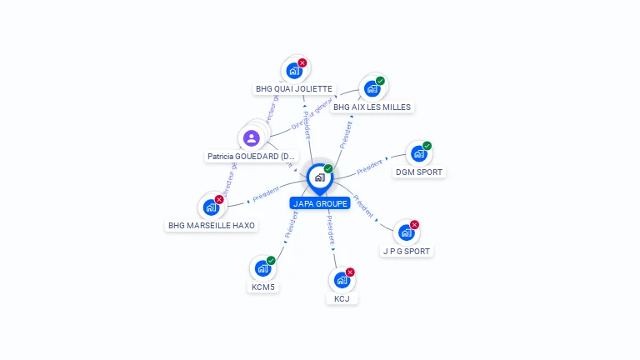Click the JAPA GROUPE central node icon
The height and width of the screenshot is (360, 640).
319,177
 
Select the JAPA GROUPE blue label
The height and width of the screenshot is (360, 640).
320,203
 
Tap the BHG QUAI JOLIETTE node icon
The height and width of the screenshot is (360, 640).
294,71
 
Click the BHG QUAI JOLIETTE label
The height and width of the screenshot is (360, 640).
294,89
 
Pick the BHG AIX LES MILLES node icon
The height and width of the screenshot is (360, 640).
372,88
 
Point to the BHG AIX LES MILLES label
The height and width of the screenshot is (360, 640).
372,107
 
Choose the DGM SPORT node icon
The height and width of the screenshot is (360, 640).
418,154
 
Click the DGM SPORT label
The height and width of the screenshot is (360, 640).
419,172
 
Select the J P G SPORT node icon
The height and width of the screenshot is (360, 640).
406,232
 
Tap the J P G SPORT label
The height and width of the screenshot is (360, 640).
407,251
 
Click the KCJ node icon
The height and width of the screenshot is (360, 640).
342,280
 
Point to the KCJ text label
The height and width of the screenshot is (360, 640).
342,298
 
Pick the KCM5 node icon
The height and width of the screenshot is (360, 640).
262,268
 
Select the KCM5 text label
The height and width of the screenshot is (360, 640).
263,287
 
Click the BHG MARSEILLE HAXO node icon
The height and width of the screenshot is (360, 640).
212,207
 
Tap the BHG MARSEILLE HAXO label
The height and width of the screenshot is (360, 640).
212,226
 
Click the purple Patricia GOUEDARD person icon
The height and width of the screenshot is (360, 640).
252,138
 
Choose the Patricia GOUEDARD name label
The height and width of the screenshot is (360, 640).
252,157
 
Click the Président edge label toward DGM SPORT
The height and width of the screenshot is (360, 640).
369,167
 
